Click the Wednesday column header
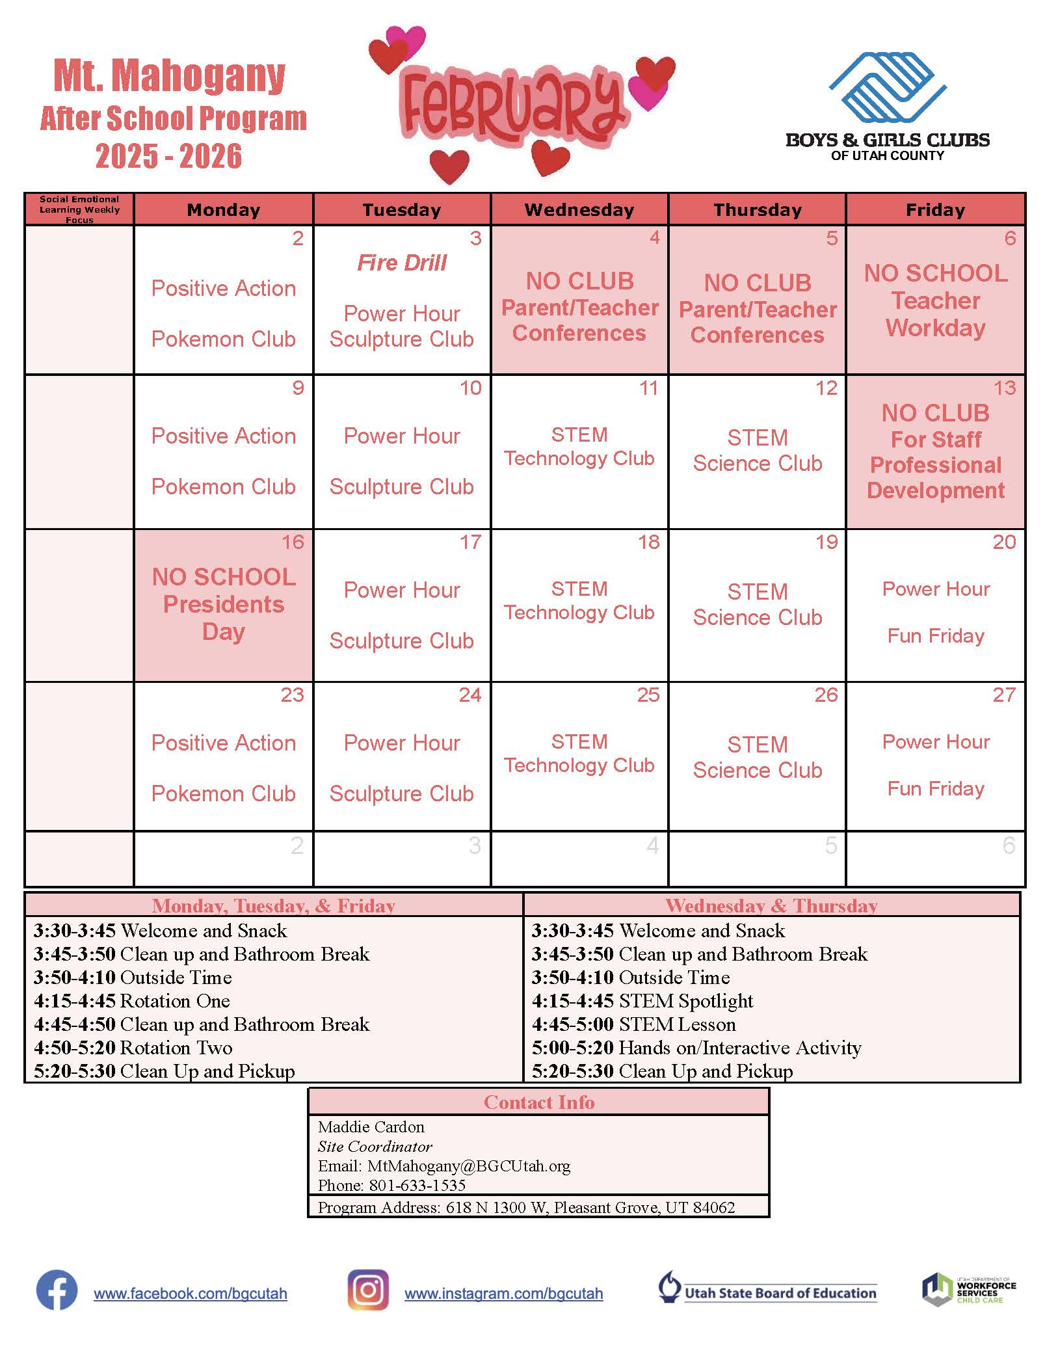point(579,209)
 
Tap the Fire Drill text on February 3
point(402,263)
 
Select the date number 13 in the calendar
point(1004,388)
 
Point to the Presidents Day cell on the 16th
point(224,605)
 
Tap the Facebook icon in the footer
point(57,1290)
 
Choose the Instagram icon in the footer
point(368,1290)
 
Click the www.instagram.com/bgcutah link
point(503,1294)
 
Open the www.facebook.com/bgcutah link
point(191,1294)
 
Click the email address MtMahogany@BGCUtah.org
point(468,1165)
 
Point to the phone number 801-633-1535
point(417,1185)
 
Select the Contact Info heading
point(538,1102)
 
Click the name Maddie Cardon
point(371,1126)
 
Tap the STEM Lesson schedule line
point(634,1024)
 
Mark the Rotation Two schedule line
point(133,1048)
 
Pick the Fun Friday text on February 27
point(935,789)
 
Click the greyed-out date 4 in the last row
point(652,846)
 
